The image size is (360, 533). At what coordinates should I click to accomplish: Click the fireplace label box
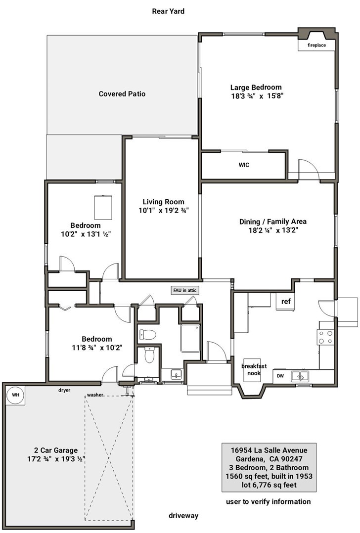(316, 45)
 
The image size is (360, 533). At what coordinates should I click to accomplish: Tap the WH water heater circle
(16, 395)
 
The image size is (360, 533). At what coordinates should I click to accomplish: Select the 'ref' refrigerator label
(286, 301)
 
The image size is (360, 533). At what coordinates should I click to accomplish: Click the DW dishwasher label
(280, 376)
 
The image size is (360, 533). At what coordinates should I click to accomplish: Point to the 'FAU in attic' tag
(185, 290)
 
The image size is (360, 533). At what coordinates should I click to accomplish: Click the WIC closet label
(244, 165)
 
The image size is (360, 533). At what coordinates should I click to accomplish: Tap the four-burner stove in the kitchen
(325, 337)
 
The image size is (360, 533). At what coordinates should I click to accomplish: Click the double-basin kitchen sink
(300, 376)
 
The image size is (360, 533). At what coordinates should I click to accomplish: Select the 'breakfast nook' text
(254, 369)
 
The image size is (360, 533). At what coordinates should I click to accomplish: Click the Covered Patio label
(122, 94)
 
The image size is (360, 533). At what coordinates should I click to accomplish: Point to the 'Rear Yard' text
(168, 11)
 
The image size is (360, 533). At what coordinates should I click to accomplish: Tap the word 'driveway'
(183, 516)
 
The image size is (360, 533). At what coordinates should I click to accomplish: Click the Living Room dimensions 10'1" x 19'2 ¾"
(164, 211)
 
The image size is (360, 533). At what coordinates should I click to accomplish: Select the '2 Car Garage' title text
(56, 450)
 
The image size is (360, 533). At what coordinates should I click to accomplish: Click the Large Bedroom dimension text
(257, 96)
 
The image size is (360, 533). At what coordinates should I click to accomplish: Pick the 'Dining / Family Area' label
(273, 222)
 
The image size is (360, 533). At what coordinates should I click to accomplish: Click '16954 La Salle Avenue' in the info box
(269, 450)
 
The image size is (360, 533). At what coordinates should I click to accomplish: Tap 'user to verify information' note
(268, 502)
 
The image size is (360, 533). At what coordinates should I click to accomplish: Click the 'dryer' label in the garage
(64, 390)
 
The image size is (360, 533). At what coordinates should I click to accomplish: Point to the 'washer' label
(95, 395)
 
